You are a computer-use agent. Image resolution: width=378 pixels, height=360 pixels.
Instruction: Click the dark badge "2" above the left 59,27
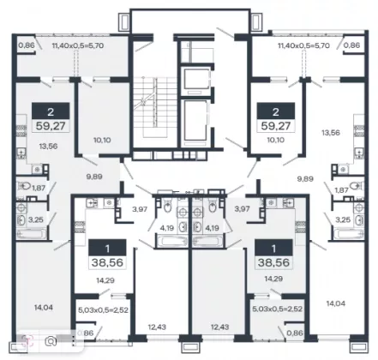coord(51,111)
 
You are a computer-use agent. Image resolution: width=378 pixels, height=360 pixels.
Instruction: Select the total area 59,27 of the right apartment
coord(275,126)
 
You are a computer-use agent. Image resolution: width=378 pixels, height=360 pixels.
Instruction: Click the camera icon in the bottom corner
coord(51,341)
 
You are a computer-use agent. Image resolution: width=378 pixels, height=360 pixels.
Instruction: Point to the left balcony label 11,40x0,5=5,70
coord(77,45)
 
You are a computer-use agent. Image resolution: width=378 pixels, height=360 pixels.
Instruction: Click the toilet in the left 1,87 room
coord(25,187)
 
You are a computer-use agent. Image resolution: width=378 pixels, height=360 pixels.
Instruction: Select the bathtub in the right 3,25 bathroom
coord(349,234)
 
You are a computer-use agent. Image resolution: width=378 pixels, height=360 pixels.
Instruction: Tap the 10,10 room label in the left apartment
coord(102,141)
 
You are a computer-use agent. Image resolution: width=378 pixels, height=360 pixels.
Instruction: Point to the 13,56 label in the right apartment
coord(331,133)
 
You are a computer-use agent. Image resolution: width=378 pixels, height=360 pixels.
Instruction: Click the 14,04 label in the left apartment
coord(44,308)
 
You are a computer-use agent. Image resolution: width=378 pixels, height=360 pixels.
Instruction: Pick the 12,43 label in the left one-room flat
coord(157,327)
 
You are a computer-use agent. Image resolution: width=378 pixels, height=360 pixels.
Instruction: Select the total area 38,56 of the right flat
coord(273,262)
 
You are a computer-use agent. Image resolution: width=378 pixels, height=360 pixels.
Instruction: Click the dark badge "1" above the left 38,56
coord(107,248)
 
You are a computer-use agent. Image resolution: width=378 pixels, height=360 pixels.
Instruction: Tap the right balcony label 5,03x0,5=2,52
coord(278,309)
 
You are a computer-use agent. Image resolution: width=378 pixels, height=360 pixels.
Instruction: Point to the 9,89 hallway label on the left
coord(94,177)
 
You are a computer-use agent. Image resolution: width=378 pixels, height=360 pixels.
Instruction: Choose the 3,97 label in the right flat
coord(242,209)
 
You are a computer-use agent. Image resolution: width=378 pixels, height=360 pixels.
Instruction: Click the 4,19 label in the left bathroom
coord(166,228)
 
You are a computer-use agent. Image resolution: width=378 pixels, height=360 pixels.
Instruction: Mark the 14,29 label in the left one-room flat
coord(105,280)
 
